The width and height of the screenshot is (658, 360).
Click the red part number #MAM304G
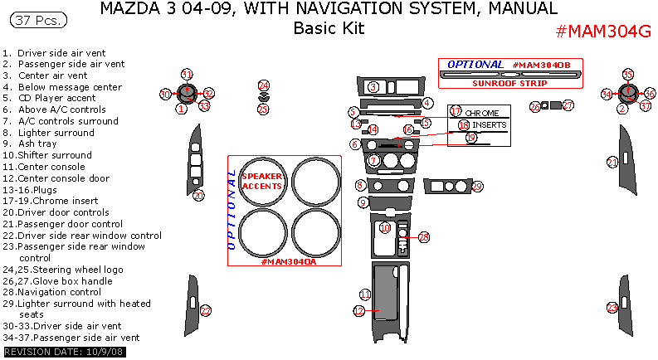(602, 32)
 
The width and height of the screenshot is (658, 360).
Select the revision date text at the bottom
(54, 353)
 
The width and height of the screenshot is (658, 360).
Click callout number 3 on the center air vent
(373, 86)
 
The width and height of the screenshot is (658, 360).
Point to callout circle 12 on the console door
(359, 310)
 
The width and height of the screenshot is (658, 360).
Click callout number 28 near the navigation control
(424, 238)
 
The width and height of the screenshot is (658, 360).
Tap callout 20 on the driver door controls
(199, 195)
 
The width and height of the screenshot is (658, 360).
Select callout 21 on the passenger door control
(612, 162)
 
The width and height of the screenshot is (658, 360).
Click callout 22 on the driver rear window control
(206, 310)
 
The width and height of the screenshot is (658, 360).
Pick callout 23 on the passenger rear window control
(612, 307)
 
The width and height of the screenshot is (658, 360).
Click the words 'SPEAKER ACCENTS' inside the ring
(261, 181)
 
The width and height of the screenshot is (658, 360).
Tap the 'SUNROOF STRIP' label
(510, 83)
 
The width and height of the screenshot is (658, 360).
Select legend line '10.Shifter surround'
(50, 154)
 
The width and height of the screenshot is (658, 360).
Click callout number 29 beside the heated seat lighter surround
(477, 187)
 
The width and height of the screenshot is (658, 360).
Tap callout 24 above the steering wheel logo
(263, 85)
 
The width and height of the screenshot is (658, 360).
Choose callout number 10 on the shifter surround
(385, 227)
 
